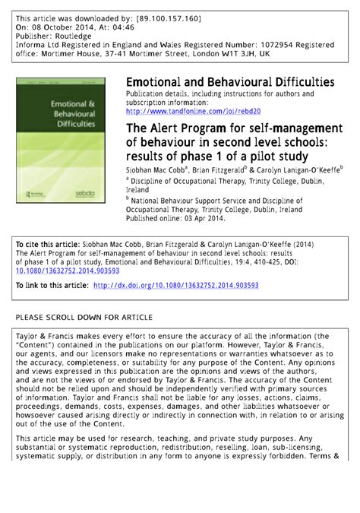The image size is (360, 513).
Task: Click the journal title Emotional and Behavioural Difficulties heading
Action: coord(230,81)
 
